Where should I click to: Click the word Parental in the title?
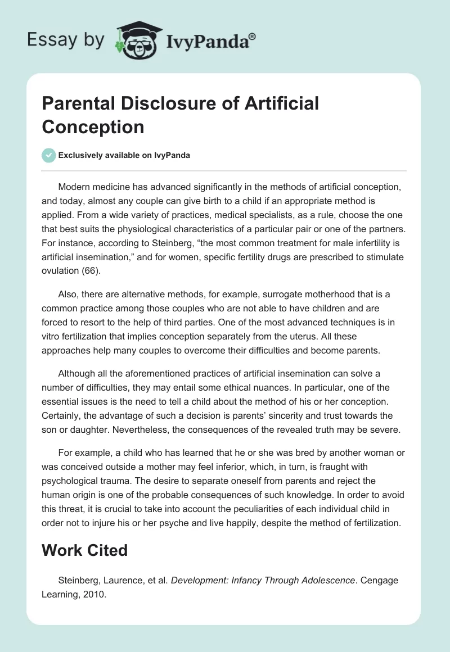(76, 103)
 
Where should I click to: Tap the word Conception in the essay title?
(93, 126)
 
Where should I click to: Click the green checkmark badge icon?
(48, 155)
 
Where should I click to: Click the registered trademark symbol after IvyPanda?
(253, 37)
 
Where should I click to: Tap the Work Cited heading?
(85, 550)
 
